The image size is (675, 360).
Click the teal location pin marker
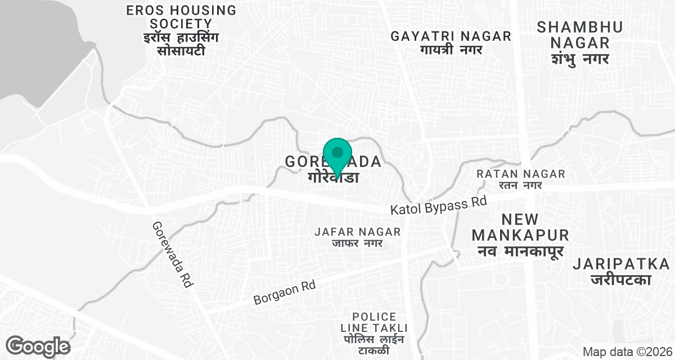point(337,155)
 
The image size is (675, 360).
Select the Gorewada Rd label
point(172,254)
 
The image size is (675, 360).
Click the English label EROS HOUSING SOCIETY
point(173,17)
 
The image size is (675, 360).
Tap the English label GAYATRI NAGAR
point(451,37)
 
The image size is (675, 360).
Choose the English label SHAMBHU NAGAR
point(573,34)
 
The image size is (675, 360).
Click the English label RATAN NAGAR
point(520,174)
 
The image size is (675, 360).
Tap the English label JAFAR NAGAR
point(358,232)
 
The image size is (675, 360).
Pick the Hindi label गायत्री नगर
point(451,50)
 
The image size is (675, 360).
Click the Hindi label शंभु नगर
point(573,58)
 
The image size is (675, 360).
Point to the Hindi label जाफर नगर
point(358,243)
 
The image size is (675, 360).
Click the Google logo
point(38,346)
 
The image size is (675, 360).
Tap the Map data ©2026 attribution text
point(626,352)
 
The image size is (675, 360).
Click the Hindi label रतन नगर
point(520,185)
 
